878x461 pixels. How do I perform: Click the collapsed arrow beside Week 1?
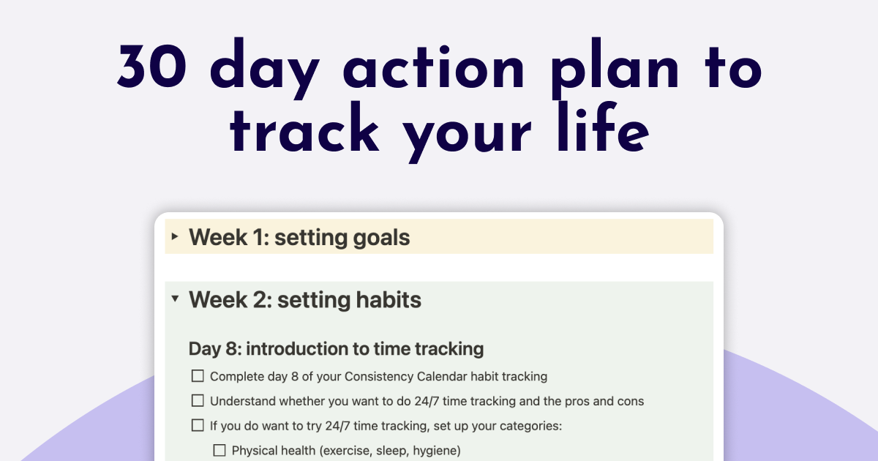point(174,237)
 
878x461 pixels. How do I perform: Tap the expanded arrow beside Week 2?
point(174,299)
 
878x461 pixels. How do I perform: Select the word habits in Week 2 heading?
point(386,300)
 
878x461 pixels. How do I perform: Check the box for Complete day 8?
point(198,376)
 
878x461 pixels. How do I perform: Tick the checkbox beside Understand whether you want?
point(198,401)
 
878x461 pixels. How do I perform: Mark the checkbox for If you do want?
point(198,425)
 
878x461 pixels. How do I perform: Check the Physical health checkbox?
point(219,450)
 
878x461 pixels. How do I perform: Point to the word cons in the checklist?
point(629,401)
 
